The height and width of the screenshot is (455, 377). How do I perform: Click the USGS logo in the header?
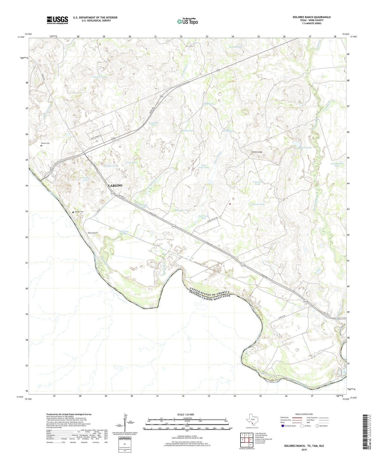(57, 20)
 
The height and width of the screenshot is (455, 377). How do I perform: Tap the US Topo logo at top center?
(187, 21)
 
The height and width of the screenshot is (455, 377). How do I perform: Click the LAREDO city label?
(115, 185)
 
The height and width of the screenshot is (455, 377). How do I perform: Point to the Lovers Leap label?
(257, 152)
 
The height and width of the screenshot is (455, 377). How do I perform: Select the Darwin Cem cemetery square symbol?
(41, 146)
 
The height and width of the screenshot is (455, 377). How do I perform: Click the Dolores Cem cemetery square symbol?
(73, 212)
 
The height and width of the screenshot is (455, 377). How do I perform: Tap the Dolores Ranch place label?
(92, 233)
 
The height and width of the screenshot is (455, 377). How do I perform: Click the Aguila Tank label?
(306, 148)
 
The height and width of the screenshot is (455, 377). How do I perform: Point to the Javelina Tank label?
(235, 47)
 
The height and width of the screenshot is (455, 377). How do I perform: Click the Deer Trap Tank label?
(203, 217)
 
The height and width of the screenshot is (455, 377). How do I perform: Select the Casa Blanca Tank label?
(337, 165)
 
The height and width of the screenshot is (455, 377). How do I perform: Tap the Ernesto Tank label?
(258, 204)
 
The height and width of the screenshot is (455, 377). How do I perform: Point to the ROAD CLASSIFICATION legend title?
(304, 414)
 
